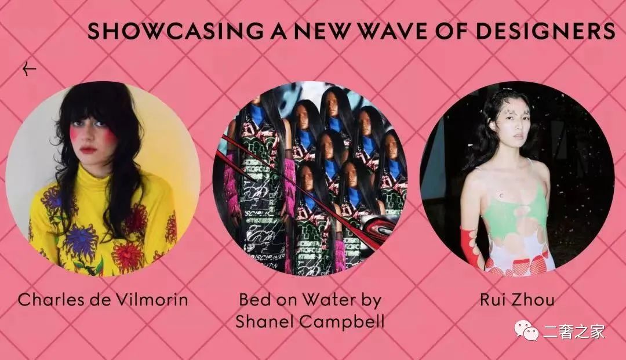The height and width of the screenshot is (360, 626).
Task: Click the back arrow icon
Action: pyautogui.click(x=29, y=69)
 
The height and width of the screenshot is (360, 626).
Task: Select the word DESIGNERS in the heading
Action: pyautogui.click(x=545, y=31)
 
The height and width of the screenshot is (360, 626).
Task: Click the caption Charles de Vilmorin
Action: pyautogui.click(x=103, y=299)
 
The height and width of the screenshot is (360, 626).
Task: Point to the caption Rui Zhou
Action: pyautogui.click(x=517, y=299)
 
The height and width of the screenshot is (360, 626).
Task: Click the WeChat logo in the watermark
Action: pyautogui.click(x=526, y=331)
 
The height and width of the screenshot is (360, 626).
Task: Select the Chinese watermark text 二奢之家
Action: pyautogui.click(x=574, y=332)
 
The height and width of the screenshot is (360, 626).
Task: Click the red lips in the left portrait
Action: pyautogui.click(x=88, y=150)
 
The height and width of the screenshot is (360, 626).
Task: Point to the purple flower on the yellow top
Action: pyautogui.click(x=81, y=241)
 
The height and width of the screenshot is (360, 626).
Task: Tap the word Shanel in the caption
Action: pyautogui.click(x=264, y=321)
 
